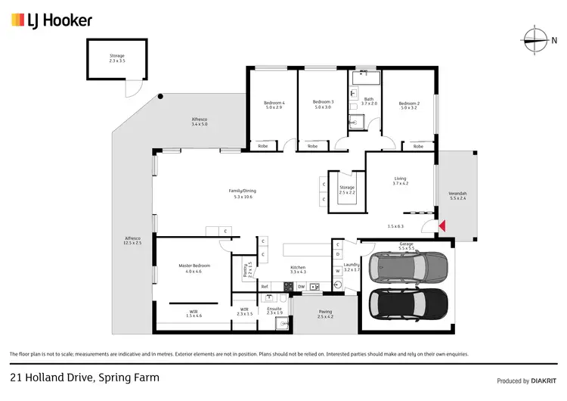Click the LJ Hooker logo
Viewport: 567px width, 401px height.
51,20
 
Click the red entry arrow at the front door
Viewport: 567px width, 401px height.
443,225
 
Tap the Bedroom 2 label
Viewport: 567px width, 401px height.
409,105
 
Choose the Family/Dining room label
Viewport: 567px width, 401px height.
243,193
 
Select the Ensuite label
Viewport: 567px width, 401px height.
274,309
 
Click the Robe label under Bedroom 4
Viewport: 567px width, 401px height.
262,146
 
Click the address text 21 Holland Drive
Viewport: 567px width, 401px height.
85,377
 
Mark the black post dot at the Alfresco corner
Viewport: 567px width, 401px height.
160,96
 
